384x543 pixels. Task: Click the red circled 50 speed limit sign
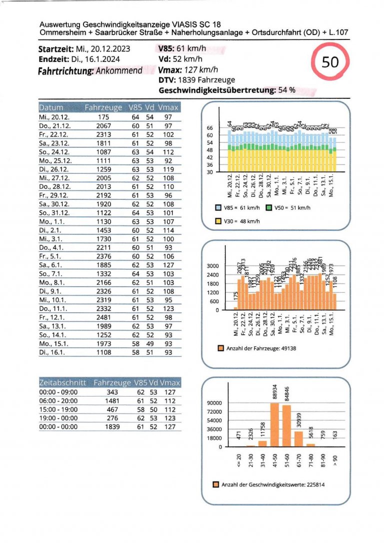click(330, 62)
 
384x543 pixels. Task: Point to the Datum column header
click(51, 107)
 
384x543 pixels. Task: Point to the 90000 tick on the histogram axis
click(215, 403)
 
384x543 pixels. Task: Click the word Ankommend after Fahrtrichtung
click(120, 70)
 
